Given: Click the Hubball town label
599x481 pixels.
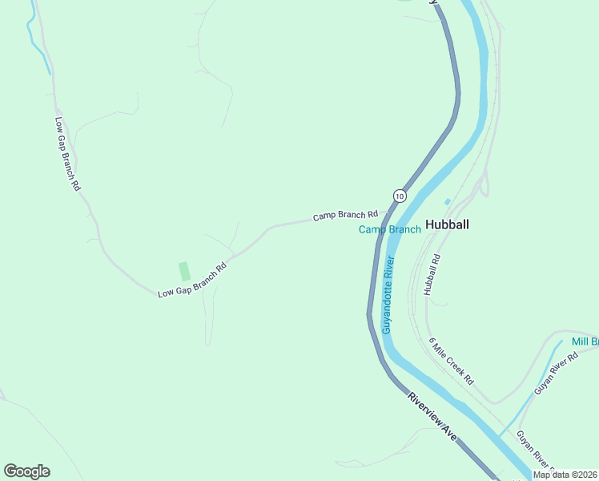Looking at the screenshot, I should [x=447, y=224].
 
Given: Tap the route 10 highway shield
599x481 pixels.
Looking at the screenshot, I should [x=399, y=196].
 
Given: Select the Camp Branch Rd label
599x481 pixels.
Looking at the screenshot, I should [x=345, y=216].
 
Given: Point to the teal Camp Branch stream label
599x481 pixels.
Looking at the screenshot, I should [x=389, y=230].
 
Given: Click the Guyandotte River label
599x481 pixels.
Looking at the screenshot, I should [x=388, y=295].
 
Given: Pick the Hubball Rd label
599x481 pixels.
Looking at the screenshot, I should [x=433, y=275].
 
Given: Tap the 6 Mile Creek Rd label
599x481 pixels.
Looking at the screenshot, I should [x=451, y=361].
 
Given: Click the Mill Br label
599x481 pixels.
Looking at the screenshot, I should [x=585, y=342].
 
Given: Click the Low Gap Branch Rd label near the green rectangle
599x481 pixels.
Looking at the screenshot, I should [x=192, y=280].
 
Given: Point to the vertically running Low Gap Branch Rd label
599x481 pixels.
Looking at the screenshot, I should [x=68, y=154].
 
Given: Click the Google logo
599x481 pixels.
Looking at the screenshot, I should [x=26, y=471].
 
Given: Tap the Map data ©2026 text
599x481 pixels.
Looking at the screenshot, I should [x=564, y=475].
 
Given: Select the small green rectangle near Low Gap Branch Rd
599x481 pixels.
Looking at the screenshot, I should [x=184, y=271].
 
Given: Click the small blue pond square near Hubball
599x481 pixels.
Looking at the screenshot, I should [x=447, y=201].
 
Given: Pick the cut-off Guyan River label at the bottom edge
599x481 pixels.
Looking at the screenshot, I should [x=535, y=451].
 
